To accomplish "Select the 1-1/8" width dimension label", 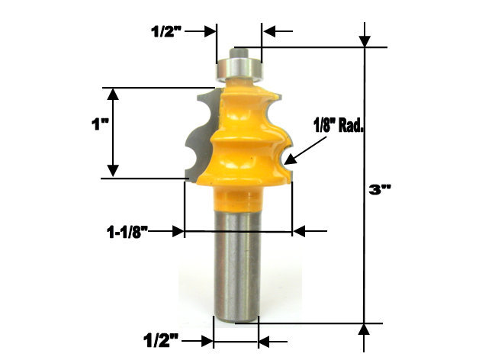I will click(x=127, y=231).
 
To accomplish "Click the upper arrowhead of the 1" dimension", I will click(x=113, y=95).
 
